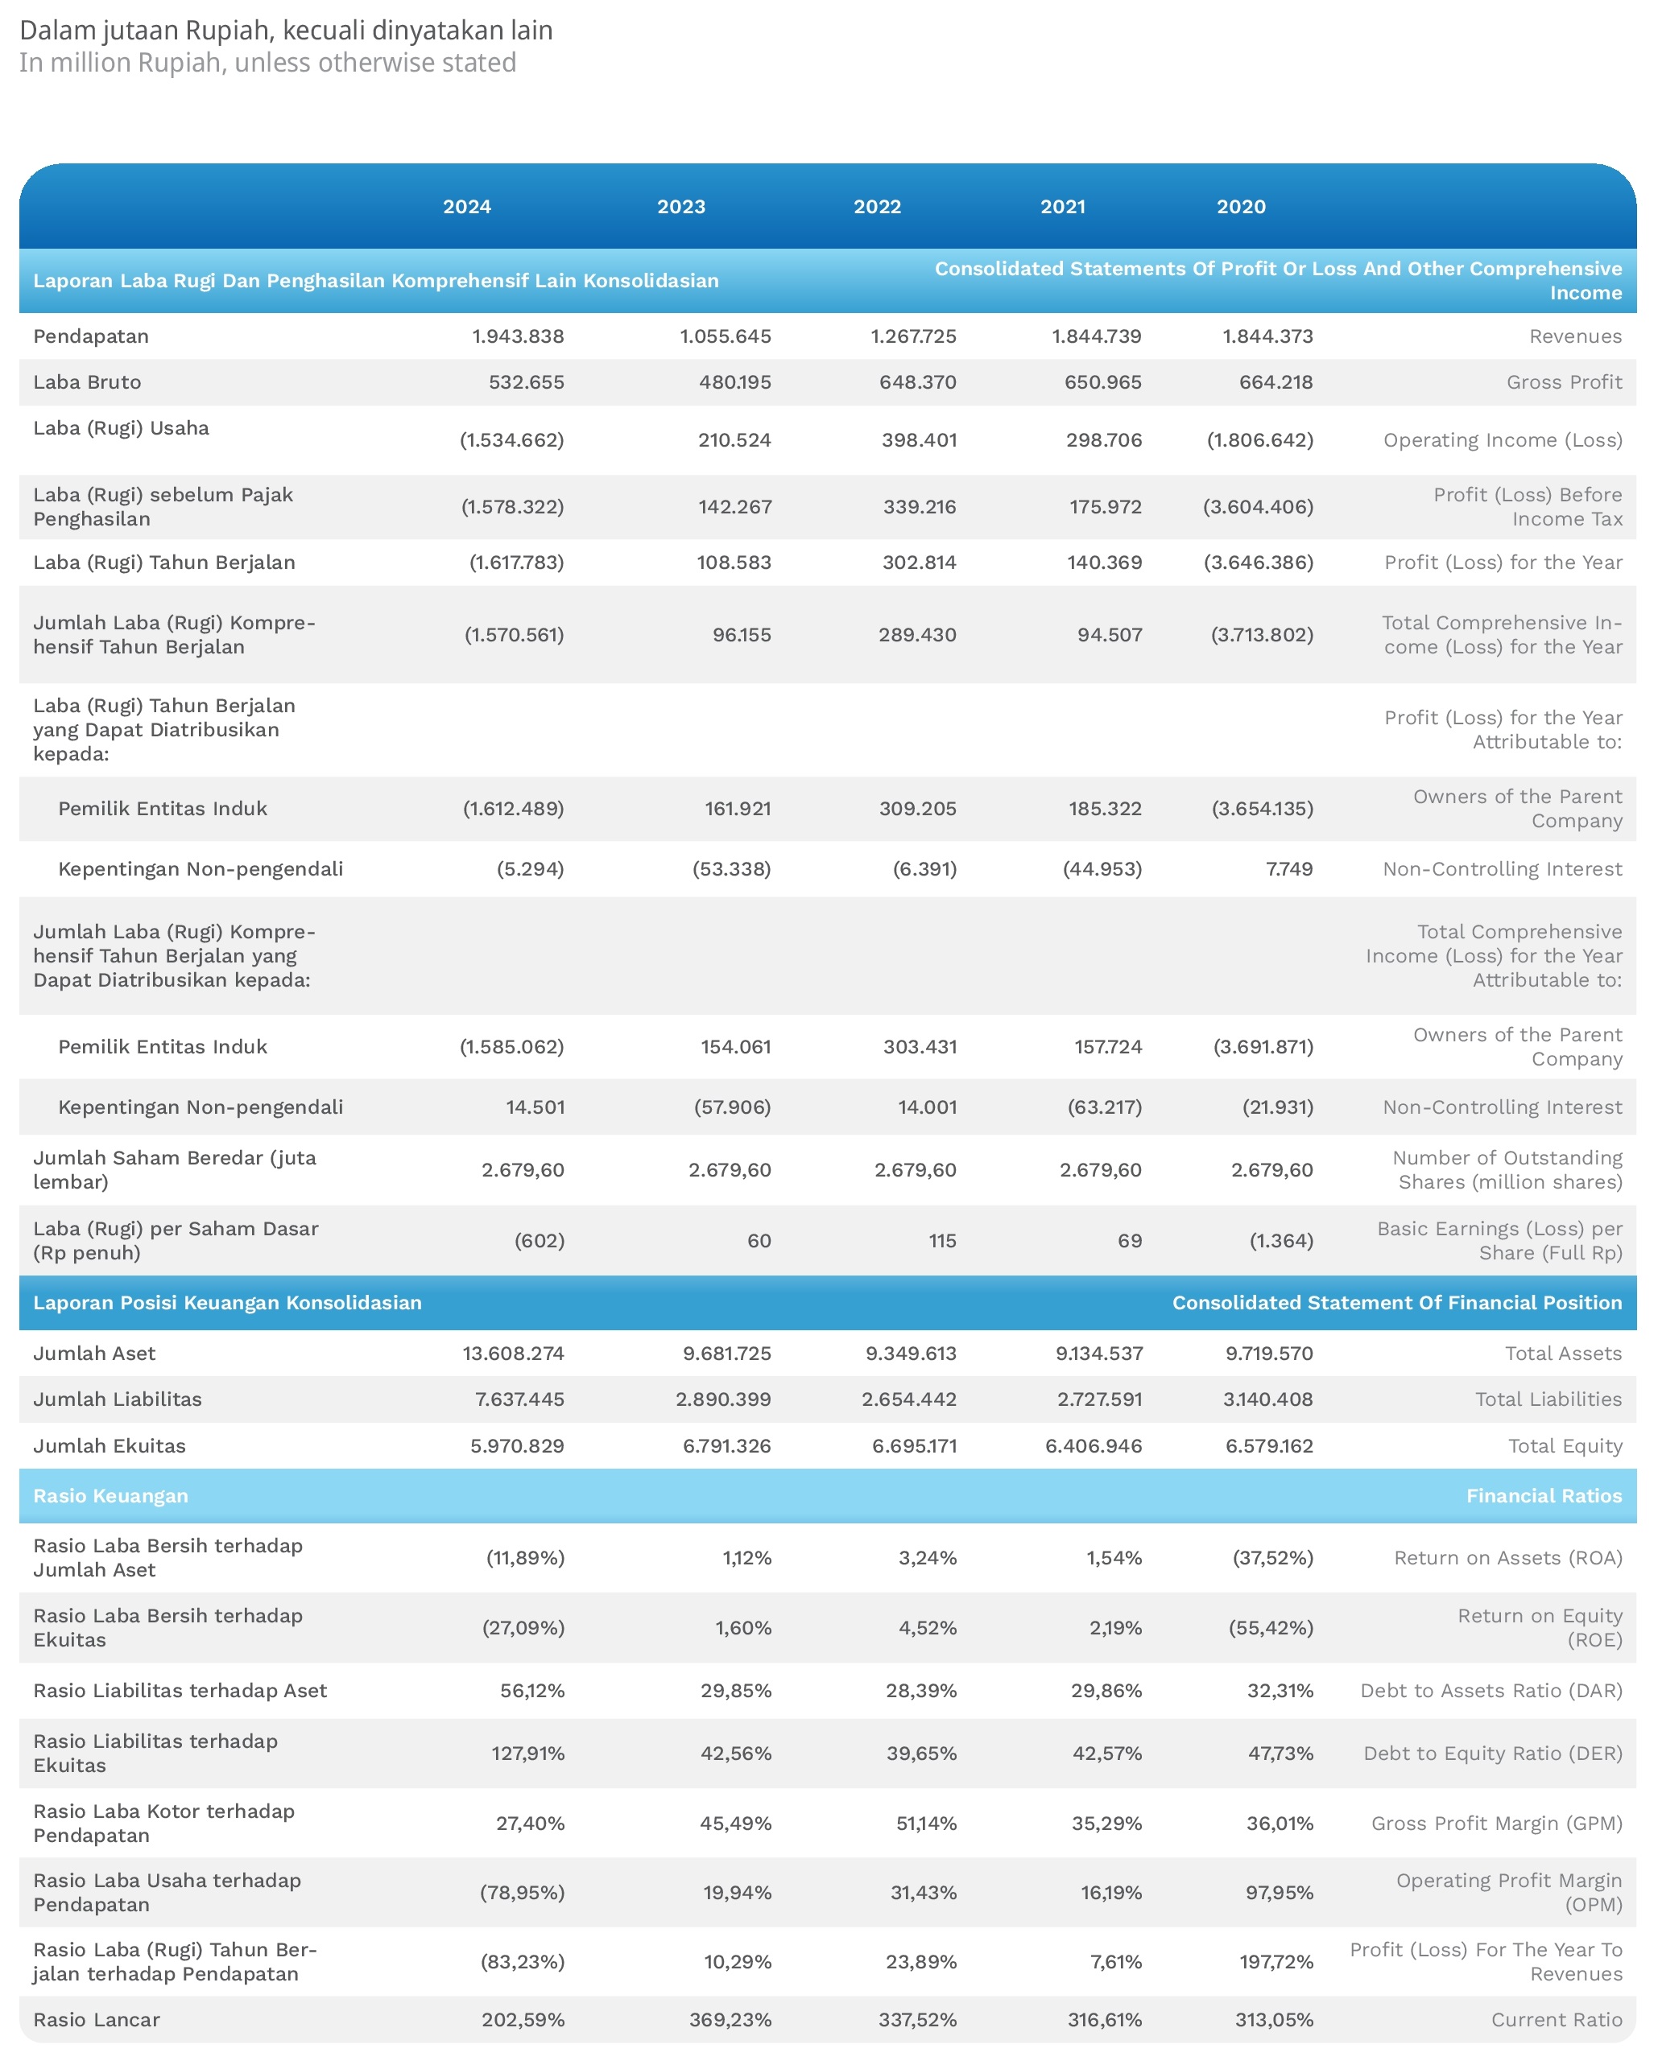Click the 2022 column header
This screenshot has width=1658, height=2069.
pyautogui.click(x=878, y=206)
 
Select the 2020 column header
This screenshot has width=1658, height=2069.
pyautogui.click(x=1242, y=206)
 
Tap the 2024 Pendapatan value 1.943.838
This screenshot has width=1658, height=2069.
pyautogui.click(x=518, y=336)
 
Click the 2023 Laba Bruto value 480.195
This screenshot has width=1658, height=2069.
pyautogui.click(x=734, y=382)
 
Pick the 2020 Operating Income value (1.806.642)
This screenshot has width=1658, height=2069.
pyautogui.click(x=1259, y=439)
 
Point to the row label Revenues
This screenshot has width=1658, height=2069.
pyautogui.click(x=1575, y=336)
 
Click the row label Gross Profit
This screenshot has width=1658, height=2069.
pyautogui.click(x=1564, y=382)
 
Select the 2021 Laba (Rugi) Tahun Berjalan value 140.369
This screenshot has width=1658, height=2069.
pyautogui.click(x=1104, y=563)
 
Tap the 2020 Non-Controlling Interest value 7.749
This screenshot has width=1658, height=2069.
pyautogui.click(x=1289, y=868)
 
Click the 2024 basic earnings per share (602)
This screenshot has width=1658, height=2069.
pyautogui.click(x=540, y=1241)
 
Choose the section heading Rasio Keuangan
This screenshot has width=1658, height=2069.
pyautogui.click(x=110, y=1496)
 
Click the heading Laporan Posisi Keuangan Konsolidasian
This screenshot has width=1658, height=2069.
pyautogui.click(x=228, y=1302)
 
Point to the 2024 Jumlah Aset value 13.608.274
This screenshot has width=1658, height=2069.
pyautogui.click(x=513, y=1353)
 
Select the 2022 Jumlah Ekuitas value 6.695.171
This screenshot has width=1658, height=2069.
pyautogui.click(x=914, y=1446)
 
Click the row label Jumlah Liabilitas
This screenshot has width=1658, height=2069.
pyautogui.click(x=117, y=1399)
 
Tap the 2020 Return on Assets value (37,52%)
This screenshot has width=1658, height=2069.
pyautogui.click(x=1273, y=1557)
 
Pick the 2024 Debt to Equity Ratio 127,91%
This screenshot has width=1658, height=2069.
pyautogui.click(x=528, y=1754)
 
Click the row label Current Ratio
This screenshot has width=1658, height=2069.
pyautogui.click(x=1557, y=2020)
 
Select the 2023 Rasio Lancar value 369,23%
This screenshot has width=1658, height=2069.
pyautogui.click(x=730, y=2020)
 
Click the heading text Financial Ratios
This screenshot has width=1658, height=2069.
pyautogui.click(x=1544, y=1496)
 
